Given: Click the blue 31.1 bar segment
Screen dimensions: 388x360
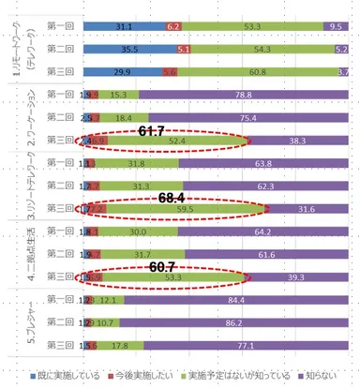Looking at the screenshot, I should tap(121, 27).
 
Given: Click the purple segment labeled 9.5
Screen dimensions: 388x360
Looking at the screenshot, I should tap(337, 27).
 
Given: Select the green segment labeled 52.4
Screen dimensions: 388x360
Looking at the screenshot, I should tap(174, 140).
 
